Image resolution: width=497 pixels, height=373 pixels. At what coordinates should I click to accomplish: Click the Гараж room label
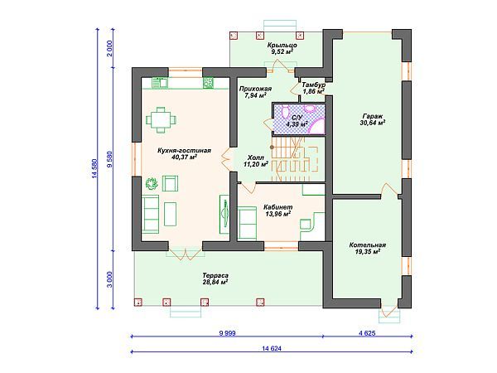373,116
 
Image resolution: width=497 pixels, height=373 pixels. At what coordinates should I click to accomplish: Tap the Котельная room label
367,245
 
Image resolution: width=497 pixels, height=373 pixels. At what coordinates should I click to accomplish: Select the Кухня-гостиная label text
184,150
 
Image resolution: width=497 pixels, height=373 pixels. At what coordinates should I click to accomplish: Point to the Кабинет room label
278,207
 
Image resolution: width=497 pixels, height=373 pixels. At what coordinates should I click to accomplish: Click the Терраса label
215,276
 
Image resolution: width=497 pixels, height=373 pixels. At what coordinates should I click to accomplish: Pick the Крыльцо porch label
282,45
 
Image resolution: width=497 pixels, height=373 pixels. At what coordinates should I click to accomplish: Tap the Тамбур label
313,85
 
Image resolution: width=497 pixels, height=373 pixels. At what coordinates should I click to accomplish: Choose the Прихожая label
255,89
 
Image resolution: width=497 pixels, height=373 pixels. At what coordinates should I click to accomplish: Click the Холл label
255,157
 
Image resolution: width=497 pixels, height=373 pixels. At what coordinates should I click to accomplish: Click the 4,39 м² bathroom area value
297,124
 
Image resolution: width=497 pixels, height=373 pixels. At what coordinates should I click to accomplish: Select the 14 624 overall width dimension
272,348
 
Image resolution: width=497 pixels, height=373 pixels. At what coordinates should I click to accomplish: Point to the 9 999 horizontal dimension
227,333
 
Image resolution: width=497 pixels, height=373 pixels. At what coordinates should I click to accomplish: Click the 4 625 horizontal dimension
367,333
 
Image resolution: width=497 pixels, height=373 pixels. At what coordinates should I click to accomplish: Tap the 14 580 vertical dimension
94,169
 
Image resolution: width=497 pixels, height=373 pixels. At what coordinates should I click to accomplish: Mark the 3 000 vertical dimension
109,279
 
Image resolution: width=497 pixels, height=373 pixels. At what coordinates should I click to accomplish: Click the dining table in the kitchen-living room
162,120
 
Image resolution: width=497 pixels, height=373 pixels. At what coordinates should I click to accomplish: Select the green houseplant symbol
152,183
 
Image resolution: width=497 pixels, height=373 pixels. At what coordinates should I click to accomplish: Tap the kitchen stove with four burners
208,83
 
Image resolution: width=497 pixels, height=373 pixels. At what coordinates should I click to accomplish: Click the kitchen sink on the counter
160,83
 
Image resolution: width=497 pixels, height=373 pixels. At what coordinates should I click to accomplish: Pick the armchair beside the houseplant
170,183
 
